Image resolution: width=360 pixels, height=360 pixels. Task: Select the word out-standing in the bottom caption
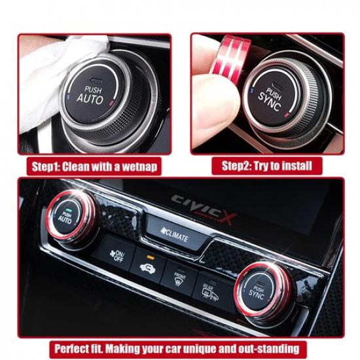[272, 348]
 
